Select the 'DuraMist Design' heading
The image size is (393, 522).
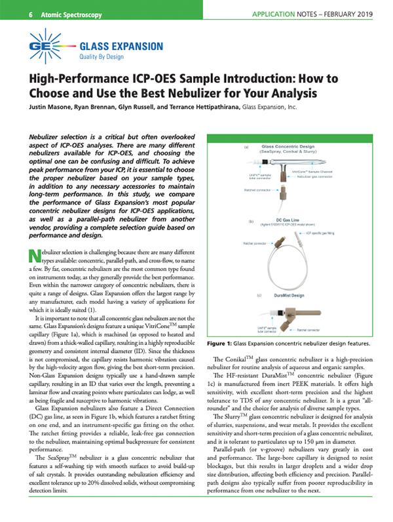pos(286,296)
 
